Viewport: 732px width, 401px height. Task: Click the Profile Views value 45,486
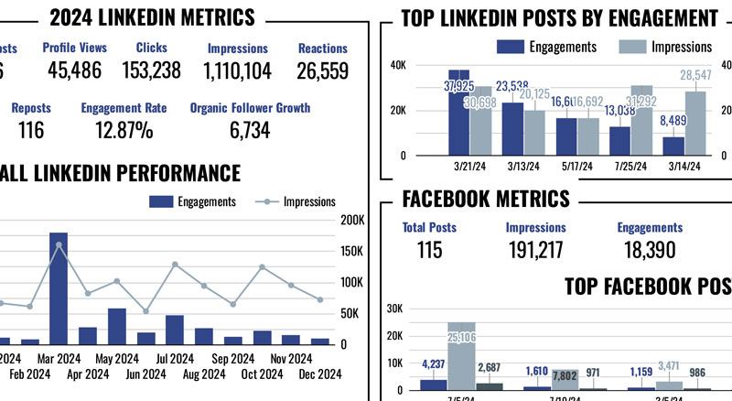click(75, 70)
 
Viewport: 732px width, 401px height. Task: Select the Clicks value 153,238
click(151, 70)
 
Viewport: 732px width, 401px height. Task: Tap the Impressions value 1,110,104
click(237, 70)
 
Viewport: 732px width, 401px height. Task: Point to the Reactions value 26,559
click(322, 70)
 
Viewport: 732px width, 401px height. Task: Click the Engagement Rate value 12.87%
click(124, 131)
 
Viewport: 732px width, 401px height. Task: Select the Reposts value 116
click(31, 131)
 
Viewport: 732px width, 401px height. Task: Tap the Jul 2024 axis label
click(175, 358)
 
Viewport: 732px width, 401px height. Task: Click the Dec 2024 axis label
click(319, 374)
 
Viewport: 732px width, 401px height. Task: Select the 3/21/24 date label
click(468, 167)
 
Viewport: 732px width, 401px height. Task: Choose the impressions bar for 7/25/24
click(642, 119)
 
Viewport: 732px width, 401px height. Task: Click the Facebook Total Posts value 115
click(429, 250)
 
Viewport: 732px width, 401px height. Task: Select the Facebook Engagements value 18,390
click(649, 250)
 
